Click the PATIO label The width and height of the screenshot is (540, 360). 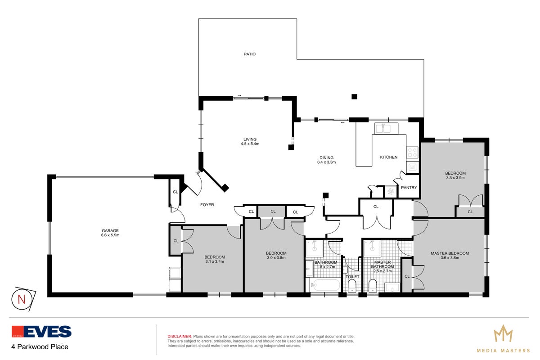249,54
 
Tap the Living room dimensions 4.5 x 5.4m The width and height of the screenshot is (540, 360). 250,144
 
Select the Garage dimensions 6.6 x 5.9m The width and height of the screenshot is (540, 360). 110,235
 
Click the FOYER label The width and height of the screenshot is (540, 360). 207,205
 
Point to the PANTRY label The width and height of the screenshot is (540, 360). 409,188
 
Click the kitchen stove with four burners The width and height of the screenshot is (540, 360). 412,152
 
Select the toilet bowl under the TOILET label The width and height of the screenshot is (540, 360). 352,286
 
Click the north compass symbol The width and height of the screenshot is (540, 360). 22,299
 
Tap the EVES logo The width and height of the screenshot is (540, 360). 41,332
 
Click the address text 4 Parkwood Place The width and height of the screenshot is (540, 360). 40,347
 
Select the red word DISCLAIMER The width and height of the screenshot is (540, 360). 180,336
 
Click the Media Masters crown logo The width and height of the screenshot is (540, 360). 503,334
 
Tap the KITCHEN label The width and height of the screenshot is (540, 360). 389,157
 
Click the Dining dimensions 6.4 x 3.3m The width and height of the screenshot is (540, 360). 326,162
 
